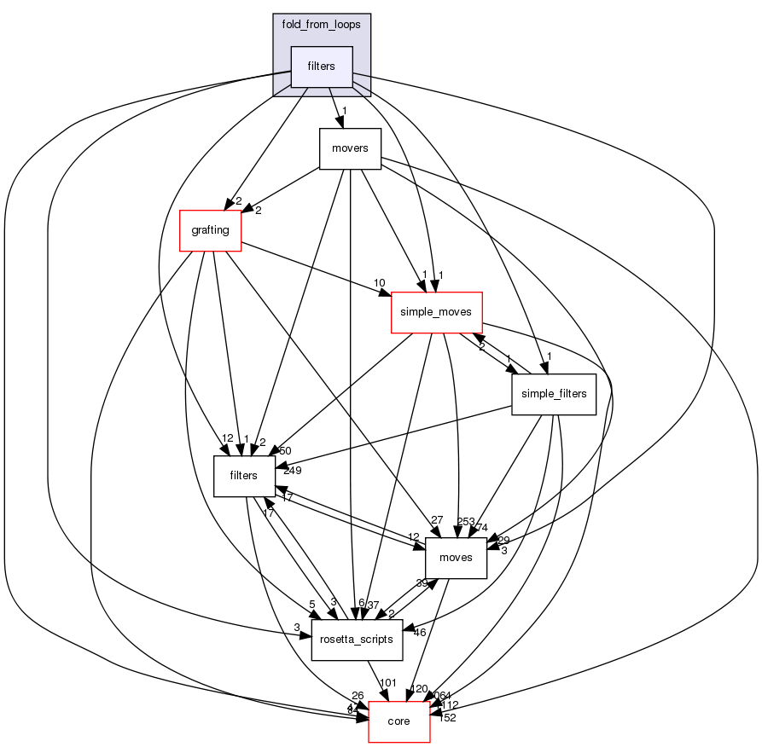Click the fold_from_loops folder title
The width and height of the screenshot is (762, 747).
pos(322,24)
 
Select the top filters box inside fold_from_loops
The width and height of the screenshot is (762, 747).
pos(322,67)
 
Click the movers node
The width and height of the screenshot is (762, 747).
pos(349,148)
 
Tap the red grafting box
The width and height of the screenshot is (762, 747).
pos(210,229)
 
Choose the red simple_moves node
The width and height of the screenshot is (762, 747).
pos(437,312)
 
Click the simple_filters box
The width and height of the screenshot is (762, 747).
pos(553,394)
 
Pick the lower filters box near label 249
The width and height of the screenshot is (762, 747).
pos(243,476)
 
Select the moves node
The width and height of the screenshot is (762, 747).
pos(456,558)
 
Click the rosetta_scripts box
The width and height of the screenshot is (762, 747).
pos(357,640)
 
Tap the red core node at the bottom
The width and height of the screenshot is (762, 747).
pos(398,721)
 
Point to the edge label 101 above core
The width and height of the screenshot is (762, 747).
pos(389,682)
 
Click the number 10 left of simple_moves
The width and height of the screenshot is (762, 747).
pos(379,283)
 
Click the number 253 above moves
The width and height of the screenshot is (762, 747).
pos(467,521)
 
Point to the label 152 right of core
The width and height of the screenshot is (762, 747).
pos(446,717)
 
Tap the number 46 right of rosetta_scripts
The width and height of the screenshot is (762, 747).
pos(419,632)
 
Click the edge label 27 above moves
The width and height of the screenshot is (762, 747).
pos(438,520)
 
